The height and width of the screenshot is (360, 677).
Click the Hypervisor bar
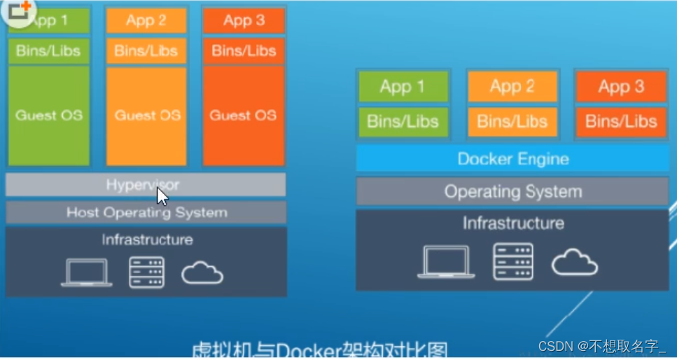[146, 185]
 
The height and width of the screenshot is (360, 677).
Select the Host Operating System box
[146, 212]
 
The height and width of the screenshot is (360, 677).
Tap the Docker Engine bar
[512, 159]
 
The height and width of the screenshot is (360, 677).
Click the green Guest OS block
[49, 116]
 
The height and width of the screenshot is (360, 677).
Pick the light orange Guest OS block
[147, 116]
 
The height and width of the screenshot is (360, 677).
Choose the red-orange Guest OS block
[244, 116]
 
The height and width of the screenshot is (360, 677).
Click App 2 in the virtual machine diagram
[147, 21]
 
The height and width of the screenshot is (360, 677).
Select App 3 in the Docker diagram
[621, 87]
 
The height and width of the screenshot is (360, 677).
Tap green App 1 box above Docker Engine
[403, 87]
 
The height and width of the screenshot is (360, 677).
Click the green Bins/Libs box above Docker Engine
[403, 121]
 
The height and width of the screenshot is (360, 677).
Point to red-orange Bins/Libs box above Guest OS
[244, 50]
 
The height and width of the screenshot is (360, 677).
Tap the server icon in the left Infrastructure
[146, 272]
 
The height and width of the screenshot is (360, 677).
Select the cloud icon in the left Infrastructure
[202, 273]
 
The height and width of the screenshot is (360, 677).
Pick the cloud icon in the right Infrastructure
[574, 263]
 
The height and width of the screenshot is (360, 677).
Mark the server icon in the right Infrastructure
[512, 262]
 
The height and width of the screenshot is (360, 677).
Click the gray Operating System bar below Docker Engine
[512, 191]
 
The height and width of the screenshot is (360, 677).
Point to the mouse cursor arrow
[162, 195]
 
